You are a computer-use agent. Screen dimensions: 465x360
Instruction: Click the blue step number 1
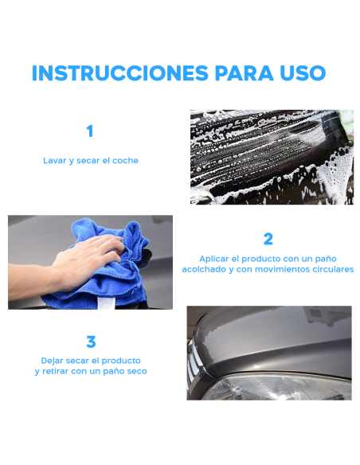[x=90, y=131]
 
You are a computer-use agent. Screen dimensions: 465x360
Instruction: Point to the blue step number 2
[x=268, y=239]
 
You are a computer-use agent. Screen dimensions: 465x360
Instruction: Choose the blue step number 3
[x=91, y=342]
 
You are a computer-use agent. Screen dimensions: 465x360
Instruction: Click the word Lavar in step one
[x=54, y=161]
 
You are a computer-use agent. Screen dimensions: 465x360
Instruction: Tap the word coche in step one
[x=124, y=161]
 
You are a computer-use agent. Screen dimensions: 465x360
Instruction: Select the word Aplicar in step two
[x=215, y=259]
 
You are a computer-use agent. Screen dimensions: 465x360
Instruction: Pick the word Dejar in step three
[x=54, y=361]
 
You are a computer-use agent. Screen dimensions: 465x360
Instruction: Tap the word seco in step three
[x=136, y=372]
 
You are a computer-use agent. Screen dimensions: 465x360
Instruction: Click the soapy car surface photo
[x=272, y=157]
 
